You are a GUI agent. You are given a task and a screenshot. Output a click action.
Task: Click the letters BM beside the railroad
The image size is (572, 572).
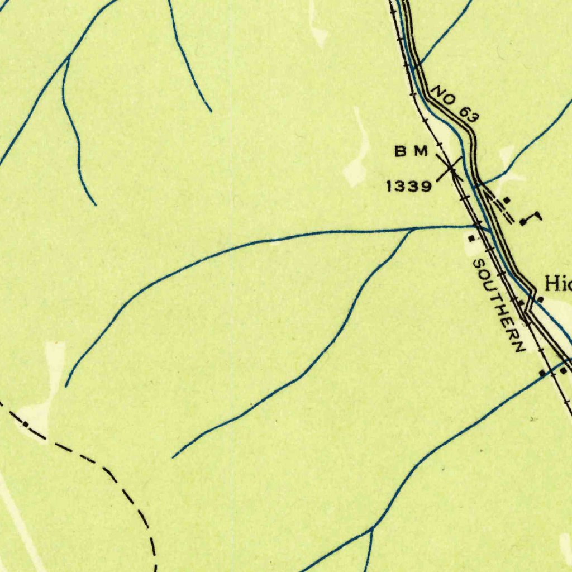(412, 151)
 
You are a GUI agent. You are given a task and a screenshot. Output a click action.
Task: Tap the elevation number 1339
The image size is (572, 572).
(409, 187)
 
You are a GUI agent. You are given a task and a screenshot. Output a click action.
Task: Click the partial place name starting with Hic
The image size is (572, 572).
(558, 284)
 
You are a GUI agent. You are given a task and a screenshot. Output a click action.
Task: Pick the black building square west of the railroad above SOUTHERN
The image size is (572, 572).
(472, 239)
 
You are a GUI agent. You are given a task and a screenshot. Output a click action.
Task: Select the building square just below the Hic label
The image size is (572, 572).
(540, 300)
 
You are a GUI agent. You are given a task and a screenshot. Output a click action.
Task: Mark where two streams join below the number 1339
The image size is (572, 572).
(412, 229)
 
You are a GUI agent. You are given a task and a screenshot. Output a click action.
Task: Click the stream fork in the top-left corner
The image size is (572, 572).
(68, 57)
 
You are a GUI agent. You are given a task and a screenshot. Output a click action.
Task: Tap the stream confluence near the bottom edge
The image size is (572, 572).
(372, 528)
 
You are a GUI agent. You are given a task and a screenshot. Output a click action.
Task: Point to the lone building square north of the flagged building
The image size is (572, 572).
(506, 199)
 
